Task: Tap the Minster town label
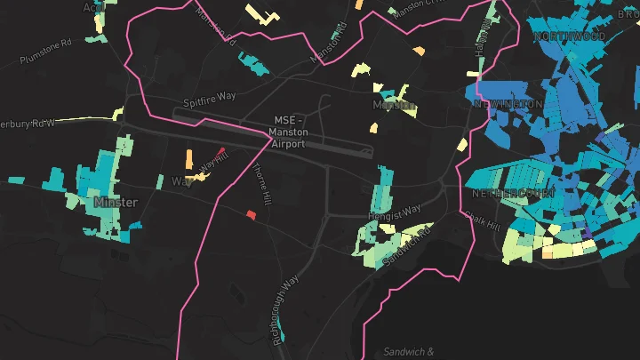coord(116,203)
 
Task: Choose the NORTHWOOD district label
coord(569,36)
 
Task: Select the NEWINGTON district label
coord(508,105)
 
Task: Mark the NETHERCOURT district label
coord(514,193)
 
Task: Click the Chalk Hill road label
coord(484,219)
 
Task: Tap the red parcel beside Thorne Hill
coord(251,214)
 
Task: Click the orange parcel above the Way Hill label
coord(188,160)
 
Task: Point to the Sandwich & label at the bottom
coord(408,352)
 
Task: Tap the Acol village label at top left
coord(92,7)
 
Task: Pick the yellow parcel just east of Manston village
coord(461,145)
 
